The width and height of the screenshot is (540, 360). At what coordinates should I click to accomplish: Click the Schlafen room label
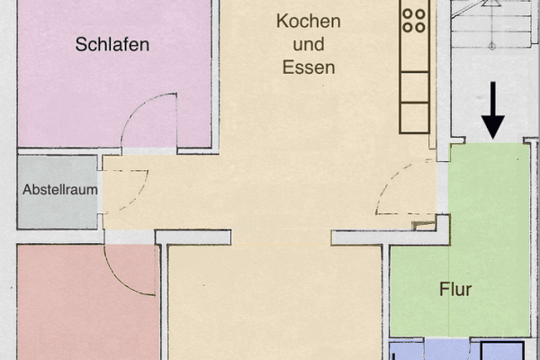pos(112,44)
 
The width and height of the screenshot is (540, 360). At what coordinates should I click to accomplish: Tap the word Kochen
pos(309,22)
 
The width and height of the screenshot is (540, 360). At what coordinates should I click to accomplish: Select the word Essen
pos(309,67)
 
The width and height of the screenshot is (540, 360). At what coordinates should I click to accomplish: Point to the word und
pos(309,44)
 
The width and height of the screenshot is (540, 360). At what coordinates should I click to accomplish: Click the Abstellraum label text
pos(59,190)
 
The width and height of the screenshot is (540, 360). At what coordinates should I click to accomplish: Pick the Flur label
pos(455,290)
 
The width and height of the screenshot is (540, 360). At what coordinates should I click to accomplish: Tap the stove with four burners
pos(414,20)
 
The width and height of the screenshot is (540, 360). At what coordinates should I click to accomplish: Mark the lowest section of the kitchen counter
pos(415,118)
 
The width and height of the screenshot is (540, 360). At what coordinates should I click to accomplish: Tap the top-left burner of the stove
pos(408,13)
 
